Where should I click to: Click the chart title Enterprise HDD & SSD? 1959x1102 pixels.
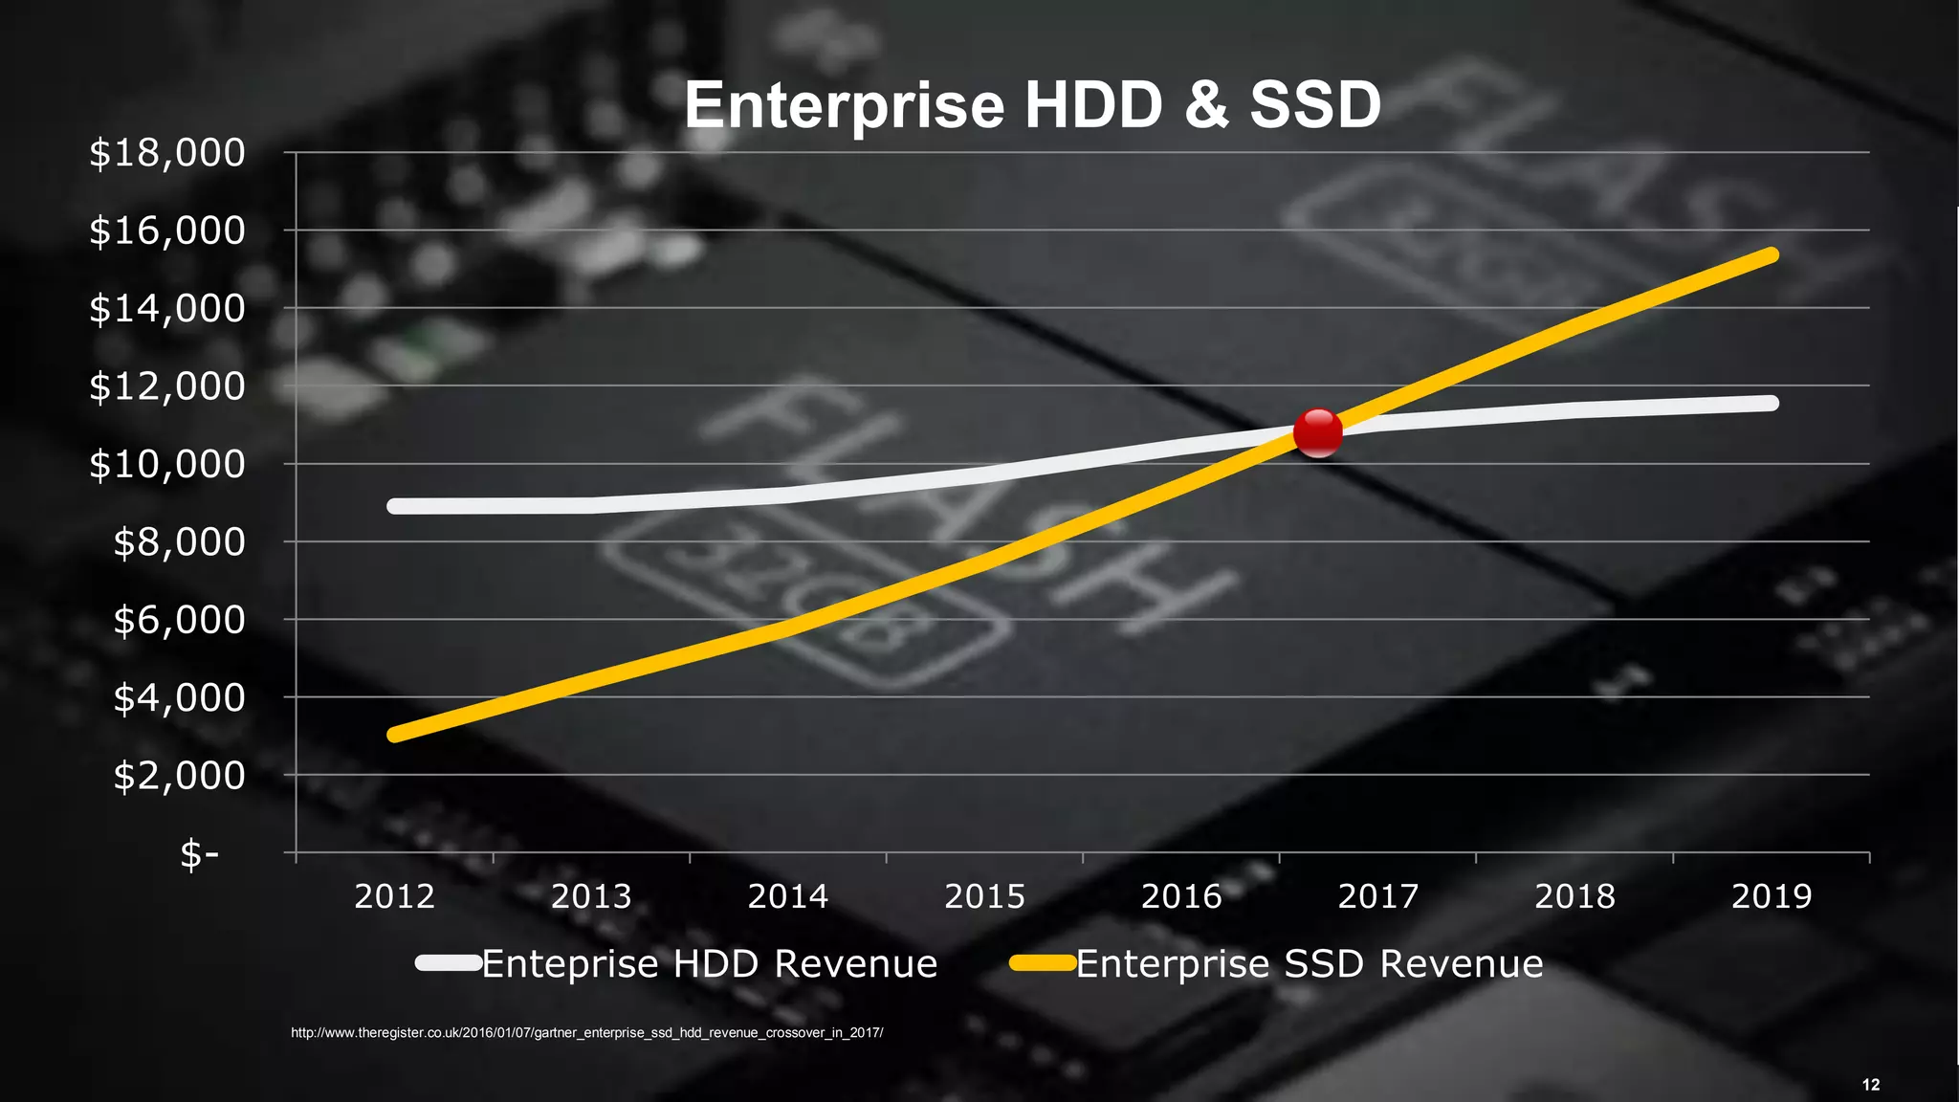pyautogui.click(x=1032, y=105)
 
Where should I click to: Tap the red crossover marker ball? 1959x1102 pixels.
pyautogui.click(x=1317, y=432)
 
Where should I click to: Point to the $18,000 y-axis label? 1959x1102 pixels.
pyautogui.click(x=167, y=153)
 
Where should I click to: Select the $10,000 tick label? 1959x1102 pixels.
pyautogui.click(x=167, y=464)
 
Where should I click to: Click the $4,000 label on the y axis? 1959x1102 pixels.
pyautogui.click(x=179, y=697)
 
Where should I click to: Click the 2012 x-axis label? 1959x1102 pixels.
pyautogui.click(x=394, y=896)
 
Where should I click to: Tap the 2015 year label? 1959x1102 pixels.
pyautogui.click(x=984, y=896)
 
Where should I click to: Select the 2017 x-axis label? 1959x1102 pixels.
pyautogui.click(x=1377, y=896)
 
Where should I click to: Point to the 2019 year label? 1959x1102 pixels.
pyautogui.click(x=1772, y=896)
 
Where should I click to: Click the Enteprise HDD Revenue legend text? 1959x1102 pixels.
pyautogui.click(x=709, y=963)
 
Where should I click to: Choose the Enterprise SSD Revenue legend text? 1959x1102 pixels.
pyautogui.click(x=1309, y=963)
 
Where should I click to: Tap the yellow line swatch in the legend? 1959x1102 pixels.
pyautogui.click(x=1043, y=963)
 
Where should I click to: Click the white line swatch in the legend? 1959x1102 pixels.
pyautogui.click(x=449, y=963)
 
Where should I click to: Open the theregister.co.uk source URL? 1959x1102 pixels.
pyautogui.click(x=586, y=1033)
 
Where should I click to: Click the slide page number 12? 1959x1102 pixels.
pyautogui.click(x=1871, y=1085)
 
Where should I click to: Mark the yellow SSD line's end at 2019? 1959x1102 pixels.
pyautogui.click(x=1771, y=255)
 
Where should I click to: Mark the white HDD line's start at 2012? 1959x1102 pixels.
pyautogui.click(x=395, y=506)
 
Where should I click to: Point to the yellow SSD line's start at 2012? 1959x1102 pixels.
pyautogui.click(x=395, y=735)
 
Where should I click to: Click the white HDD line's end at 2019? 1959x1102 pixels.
pyautogui.click(x=1771, y=404)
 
